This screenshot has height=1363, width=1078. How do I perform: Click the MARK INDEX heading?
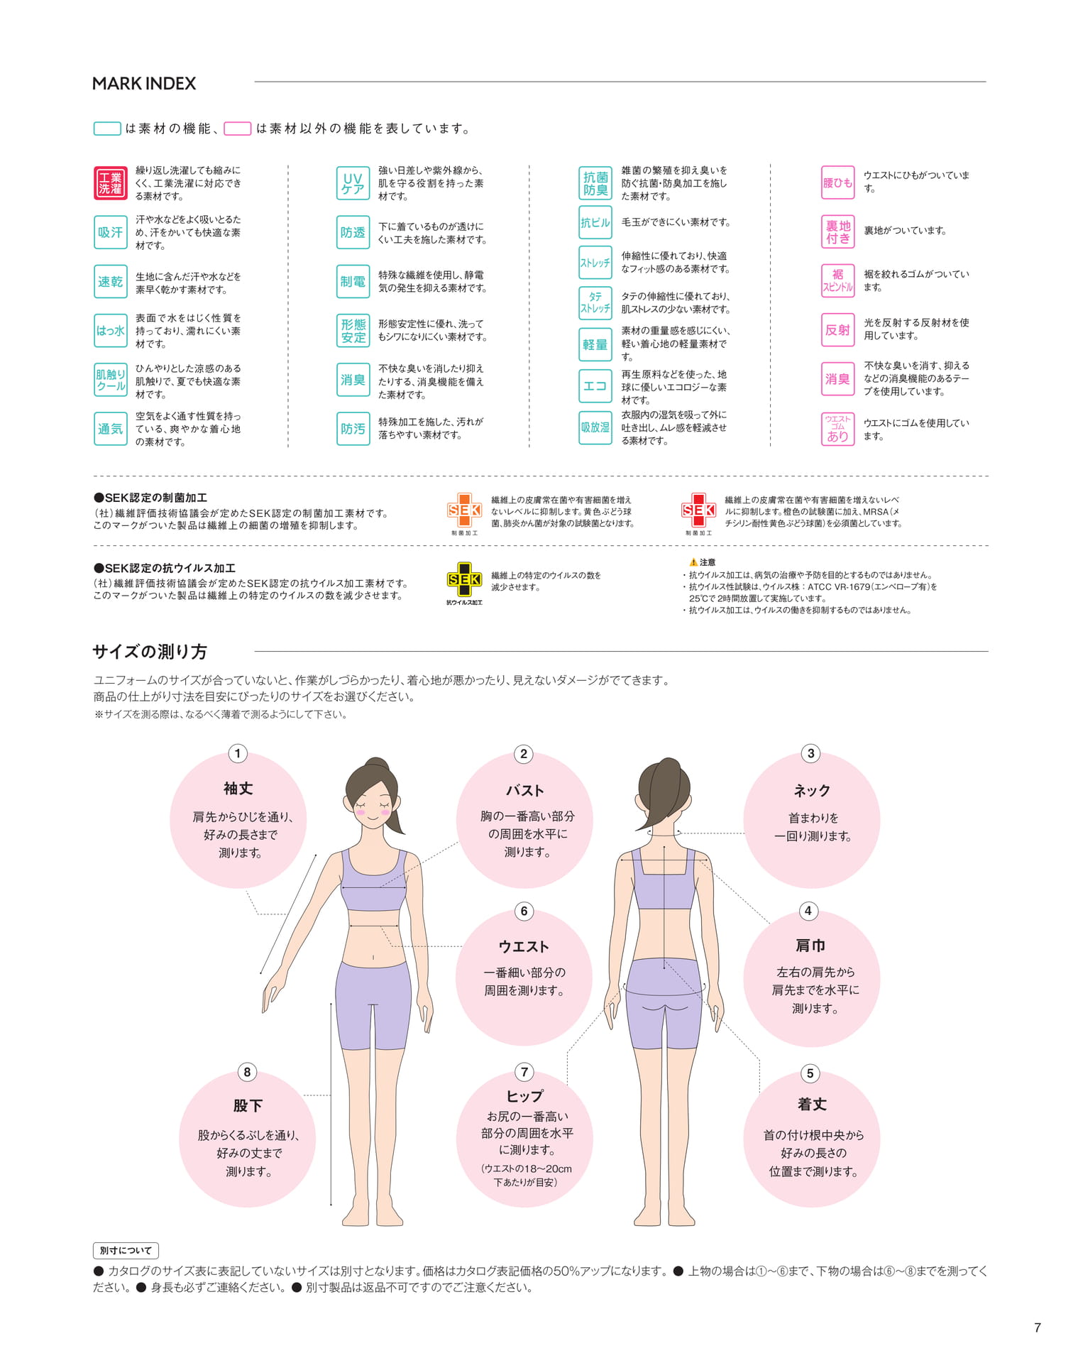click(144, 84)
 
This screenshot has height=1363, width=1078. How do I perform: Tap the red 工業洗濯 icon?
click(110, 183)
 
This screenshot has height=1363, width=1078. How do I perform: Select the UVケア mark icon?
click(353, 183)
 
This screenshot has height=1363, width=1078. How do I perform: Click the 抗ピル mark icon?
click(595, 222)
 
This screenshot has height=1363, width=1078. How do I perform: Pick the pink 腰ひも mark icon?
click(837, 182)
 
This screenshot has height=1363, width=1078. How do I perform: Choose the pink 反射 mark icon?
click(837, 330)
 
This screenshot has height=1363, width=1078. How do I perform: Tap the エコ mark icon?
click(595, 386)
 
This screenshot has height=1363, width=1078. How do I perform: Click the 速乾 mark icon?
click(110, 282)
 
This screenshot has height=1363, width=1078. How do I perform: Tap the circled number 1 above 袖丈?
click(238, 753)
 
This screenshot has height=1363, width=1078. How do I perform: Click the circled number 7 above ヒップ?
click(524, 1072)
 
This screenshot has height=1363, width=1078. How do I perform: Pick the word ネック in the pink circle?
click(812, 790)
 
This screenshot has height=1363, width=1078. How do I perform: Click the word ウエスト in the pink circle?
click(524, 946)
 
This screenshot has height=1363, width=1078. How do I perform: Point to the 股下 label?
click(248, 1105)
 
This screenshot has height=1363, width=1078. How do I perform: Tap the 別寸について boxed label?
click(126, 1250)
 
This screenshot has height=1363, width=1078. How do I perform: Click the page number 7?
click(1038, 1328)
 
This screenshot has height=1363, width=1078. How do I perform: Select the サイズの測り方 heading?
click(150, 652)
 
